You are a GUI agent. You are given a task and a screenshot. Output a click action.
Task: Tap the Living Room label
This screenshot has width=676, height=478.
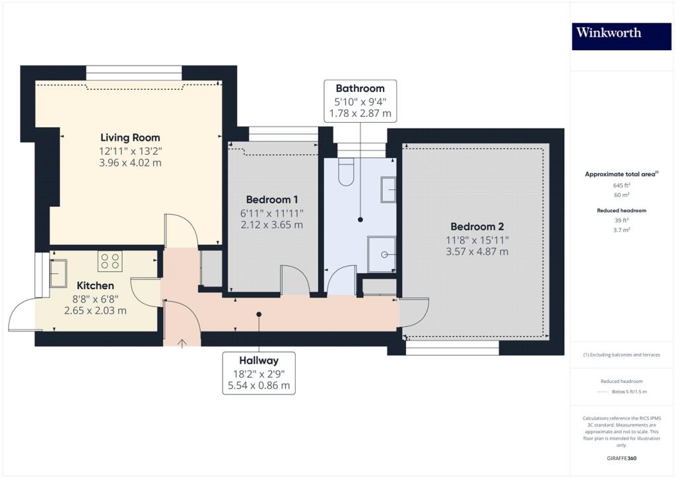[130, 138]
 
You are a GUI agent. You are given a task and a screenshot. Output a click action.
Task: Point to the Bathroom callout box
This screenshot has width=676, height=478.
[360, 101]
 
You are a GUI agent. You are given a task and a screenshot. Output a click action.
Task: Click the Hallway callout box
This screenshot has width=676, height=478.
[259, 373]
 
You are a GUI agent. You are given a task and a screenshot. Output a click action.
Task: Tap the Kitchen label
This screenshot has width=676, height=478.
[96, 286]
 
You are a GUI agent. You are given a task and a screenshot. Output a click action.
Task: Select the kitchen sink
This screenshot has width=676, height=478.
[57, 273]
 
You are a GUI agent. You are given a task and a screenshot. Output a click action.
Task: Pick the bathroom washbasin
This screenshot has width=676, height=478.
[388, 189]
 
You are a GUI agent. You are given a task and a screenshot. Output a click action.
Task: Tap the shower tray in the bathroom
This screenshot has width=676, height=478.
[382, 254]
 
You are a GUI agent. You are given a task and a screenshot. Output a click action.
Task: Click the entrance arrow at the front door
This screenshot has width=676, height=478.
[182, 342]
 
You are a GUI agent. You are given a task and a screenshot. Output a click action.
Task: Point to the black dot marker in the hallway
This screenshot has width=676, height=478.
[259, 314]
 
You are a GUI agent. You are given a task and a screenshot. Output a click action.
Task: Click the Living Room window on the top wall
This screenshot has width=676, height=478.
[134, 73]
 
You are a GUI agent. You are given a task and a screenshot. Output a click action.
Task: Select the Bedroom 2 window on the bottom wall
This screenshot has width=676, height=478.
[452, 347]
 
